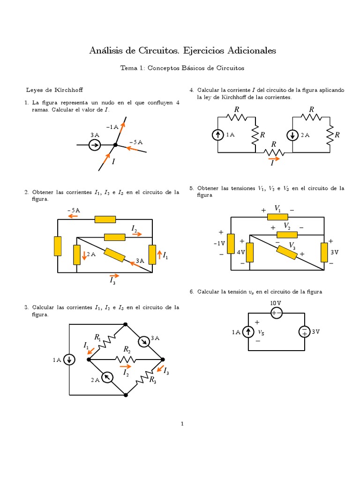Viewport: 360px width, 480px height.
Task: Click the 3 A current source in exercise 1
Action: pyautogui.click(x=95, y=145)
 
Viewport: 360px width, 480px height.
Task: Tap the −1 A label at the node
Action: pyautogui.click(x=112, y=127)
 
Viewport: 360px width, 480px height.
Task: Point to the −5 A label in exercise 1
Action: pyautogui.click(x=136, y=142)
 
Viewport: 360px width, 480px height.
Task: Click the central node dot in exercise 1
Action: pyautogui.click(x=115, y=145)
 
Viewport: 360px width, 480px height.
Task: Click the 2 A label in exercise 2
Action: pyautogui.click(x=91, y=255)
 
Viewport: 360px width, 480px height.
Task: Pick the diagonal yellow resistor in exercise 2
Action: pyautogui.click(x=114, y=255)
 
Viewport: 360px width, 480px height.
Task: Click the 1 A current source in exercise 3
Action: pyautogui.click(x=69, y=360)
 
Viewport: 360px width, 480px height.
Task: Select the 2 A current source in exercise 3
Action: pyautogui.click(x=107, y=377)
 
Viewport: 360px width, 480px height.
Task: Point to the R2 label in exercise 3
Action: pyautogui.click(x=127, y=349)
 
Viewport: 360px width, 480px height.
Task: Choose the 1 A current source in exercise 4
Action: pyautogui.click(x=218, y=135)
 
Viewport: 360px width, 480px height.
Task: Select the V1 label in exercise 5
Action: pyautogui.click(x=277, y=208)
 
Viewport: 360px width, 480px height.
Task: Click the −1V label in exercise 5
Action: pyautogui.click(x=219, y=243)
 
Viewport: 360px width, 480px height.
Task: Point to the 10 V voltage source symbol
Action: pyautogui.click(x=277, y=313)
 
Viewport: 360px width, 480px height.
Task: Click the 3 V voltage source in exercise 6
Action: pyautogui.click(x=304, y=332)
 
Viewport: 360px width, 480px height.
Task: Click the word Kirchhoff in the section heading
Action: pyautogui.click(x=69, y=89)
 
